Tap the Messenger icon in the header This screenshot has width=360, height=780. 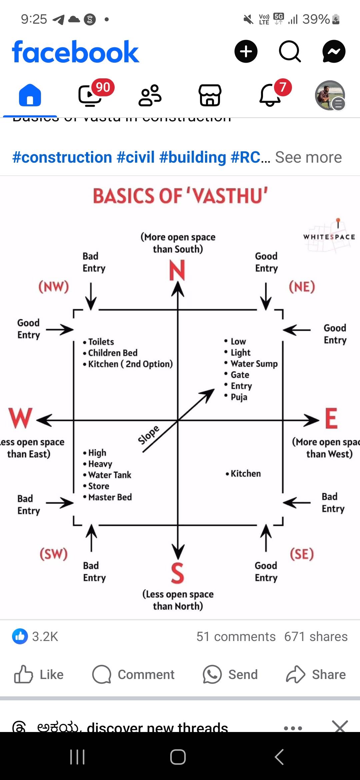pyautogui.click(x=334, y=52)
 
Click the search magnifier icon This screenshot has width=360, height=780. pyautogui.click(x=290, y=52)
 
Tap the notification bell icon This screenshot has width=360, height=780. pyautogui.click(x=270, y=95)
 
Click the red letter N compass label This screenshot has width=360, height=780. pyautogui.click(x=177, y=270)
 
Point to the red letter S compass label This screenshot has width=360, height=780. pyautogui.click(x=177, y=573)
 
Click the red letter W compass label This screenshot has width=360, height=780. pyautogui.click(x=20, y=418)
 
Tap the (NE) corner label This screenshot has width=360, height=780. pyautogui.click(x=302, y=287)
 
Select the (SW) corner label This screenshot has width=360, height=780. pyautogui.click(x=54, y=554)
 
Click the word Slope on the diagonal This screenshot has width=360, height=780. pyautogui.click(x=149, y=435)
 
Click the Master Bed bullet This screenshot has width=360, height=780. pyautogui.click(x=110, y=497)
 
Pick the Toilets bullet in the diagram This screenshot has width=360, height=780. pyautogui.click(x=101, y=342)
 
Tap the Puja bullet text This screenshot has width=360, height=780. pyautogui.click(x=239, y=397)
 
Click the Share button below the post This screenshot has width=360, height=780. pyautogui.click(x=316, y=674)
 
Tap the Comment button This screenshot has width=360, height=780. pyautogui.click(x=133, y=674)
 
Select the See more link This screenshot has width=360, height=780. pyautogui.click(x=308, y=157)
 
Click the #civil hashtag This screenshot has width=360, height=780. pyautogui.click(x=136, y=157)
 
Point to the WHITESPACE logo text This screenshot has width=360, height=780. pyautogui.click(x=329, y=237)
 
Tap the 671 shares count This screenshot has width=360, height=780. pyautogui.click(x=316, y=636)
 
